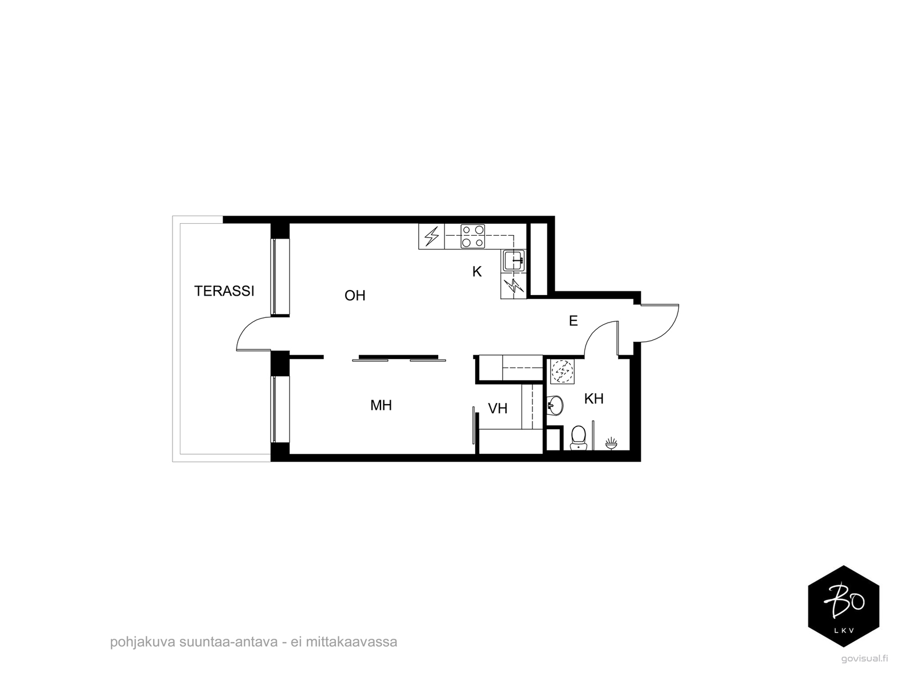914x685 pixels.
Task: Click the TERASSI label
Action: coord(224,291)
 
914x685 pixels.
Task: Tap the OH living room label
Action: coord(355,296)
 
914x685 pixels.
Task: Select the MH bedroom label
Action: coord(381,405)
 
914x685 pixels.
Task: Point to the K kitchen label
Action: coord(477,272)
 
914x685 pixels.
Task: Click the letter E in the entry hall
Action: coord(574,321)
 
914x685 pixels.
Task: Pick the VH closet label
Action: coord(498,408)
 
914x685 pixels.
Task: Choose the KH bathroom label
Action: coord(594,399)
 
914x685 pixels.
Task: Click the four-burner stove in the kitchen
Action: coord(473,236)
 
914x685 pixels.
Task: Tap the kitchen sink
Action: coord(514,260)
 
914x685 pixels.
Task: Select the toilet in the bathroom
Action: coord(578,438)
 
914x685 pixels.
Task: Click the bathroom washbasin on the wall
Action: coord(555,405)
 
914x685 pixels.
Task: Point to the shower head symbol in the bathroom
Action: coord(611,443)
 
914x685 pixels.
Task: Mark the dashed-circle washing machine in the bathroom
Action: coord(562,371)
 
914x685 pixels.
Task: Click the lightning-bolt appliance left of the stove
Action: coord(431,236)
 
